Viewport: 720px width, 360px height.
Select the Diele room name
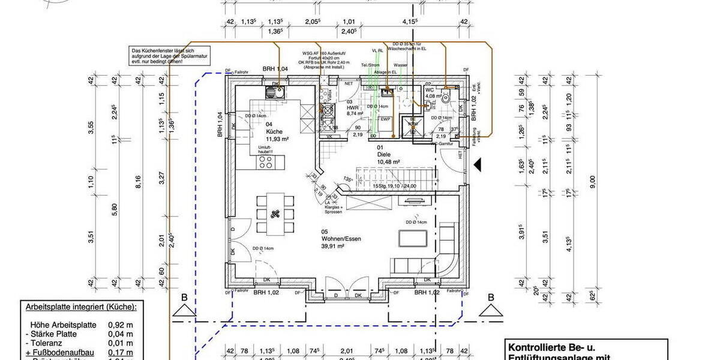[x=383, y=154]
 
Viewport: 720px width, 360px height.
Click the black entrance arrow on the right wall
[x=478, y=163]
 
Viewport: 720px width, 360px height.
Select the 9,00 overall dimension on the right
[x=592, y=179]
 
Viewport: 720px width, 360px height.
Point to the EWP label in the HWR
[x=385, y=119]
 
